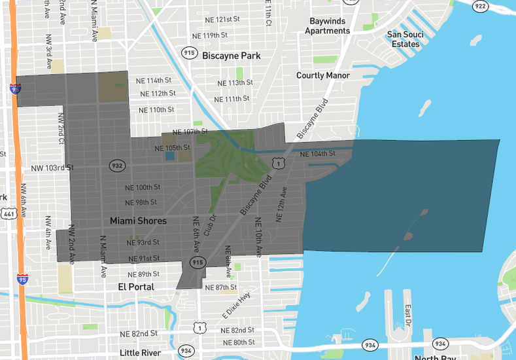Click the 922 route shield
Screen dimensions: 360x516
(480, 6)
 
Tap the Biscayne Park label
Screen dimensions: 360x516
(231, 56)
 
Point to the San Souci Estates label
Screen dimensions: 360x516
(405, 39)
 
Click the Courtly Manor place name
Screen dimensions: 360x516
(323, 75)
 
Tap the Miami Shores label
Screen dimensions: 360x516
(138, 221)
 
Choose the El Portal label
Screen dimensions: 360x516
(136, 287)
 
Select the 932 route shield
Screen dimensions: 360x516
(117, 166)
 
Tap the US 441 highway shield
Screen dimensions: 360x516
(9, 213)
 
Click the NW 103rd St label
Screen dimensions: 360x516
(52, 168)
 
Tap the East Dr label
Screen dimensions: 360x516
(407, 315)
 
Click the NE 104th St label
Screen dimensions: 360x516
(317, 154)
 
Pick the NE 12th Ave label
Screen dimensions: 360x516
(282, 204)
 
